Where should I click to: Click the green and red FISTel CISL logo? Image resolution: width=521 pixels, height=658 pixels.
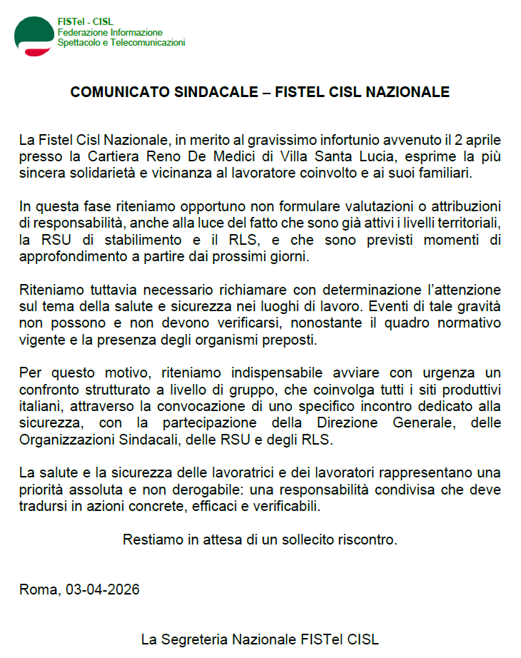33,36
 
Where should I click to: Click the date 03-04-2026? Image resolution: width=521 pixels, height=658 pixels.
103,589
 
